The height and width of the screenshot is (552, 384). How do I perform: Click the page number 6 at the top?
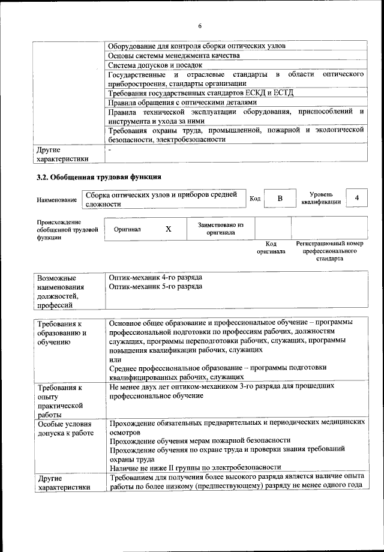point(200,25)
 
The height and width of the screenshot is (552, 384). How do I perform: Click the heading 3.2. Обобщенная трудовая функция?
point(99,177)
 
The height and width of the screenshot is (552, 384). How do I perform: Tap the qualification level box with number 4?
point(357,197)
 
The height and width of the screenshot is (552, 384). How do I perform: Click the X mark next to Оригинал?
point(169,229)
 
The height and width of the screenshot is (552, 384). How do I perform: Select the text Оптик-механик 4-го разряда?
point(155,278)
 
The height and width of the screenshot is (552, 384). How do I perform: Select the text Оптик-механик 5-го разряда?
point(155,287)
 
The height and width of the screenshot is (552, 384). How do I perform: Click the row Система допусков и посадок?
point(155,65)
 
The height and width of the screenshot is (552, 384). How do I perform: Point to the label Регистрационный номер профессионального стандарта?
point(330,251)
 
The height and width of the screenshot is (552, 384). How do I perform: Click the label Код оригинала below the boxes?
point(271,248)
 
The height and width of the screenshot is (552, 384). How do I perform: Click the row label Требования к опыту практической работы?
point(60,401)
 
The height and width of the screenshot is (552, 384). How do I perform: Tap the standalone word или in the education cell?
point(115,359)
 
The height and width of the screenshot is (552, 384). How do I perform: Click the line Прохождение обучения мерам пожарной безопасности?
point(200,440)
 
